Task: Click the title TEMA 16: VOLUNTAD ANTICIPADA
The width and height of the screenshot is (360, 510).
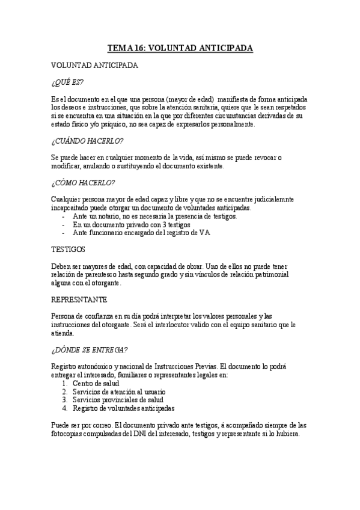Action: (x=180, y=48)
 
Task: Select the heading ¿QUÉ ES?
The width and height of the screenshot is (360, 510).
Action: (x=67, y=82)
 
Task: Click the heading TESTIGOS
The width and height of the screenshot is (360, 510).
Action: (x=69, y=249)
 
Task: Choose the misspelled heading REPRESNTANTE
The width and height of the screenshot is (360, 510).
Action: (x=80, y=299)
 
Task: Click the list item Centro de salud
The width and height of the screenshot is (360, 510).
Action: (x=96, y=383)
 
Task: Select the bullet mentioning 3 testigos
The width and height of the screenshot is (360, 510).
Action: (x=131, y=224)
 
